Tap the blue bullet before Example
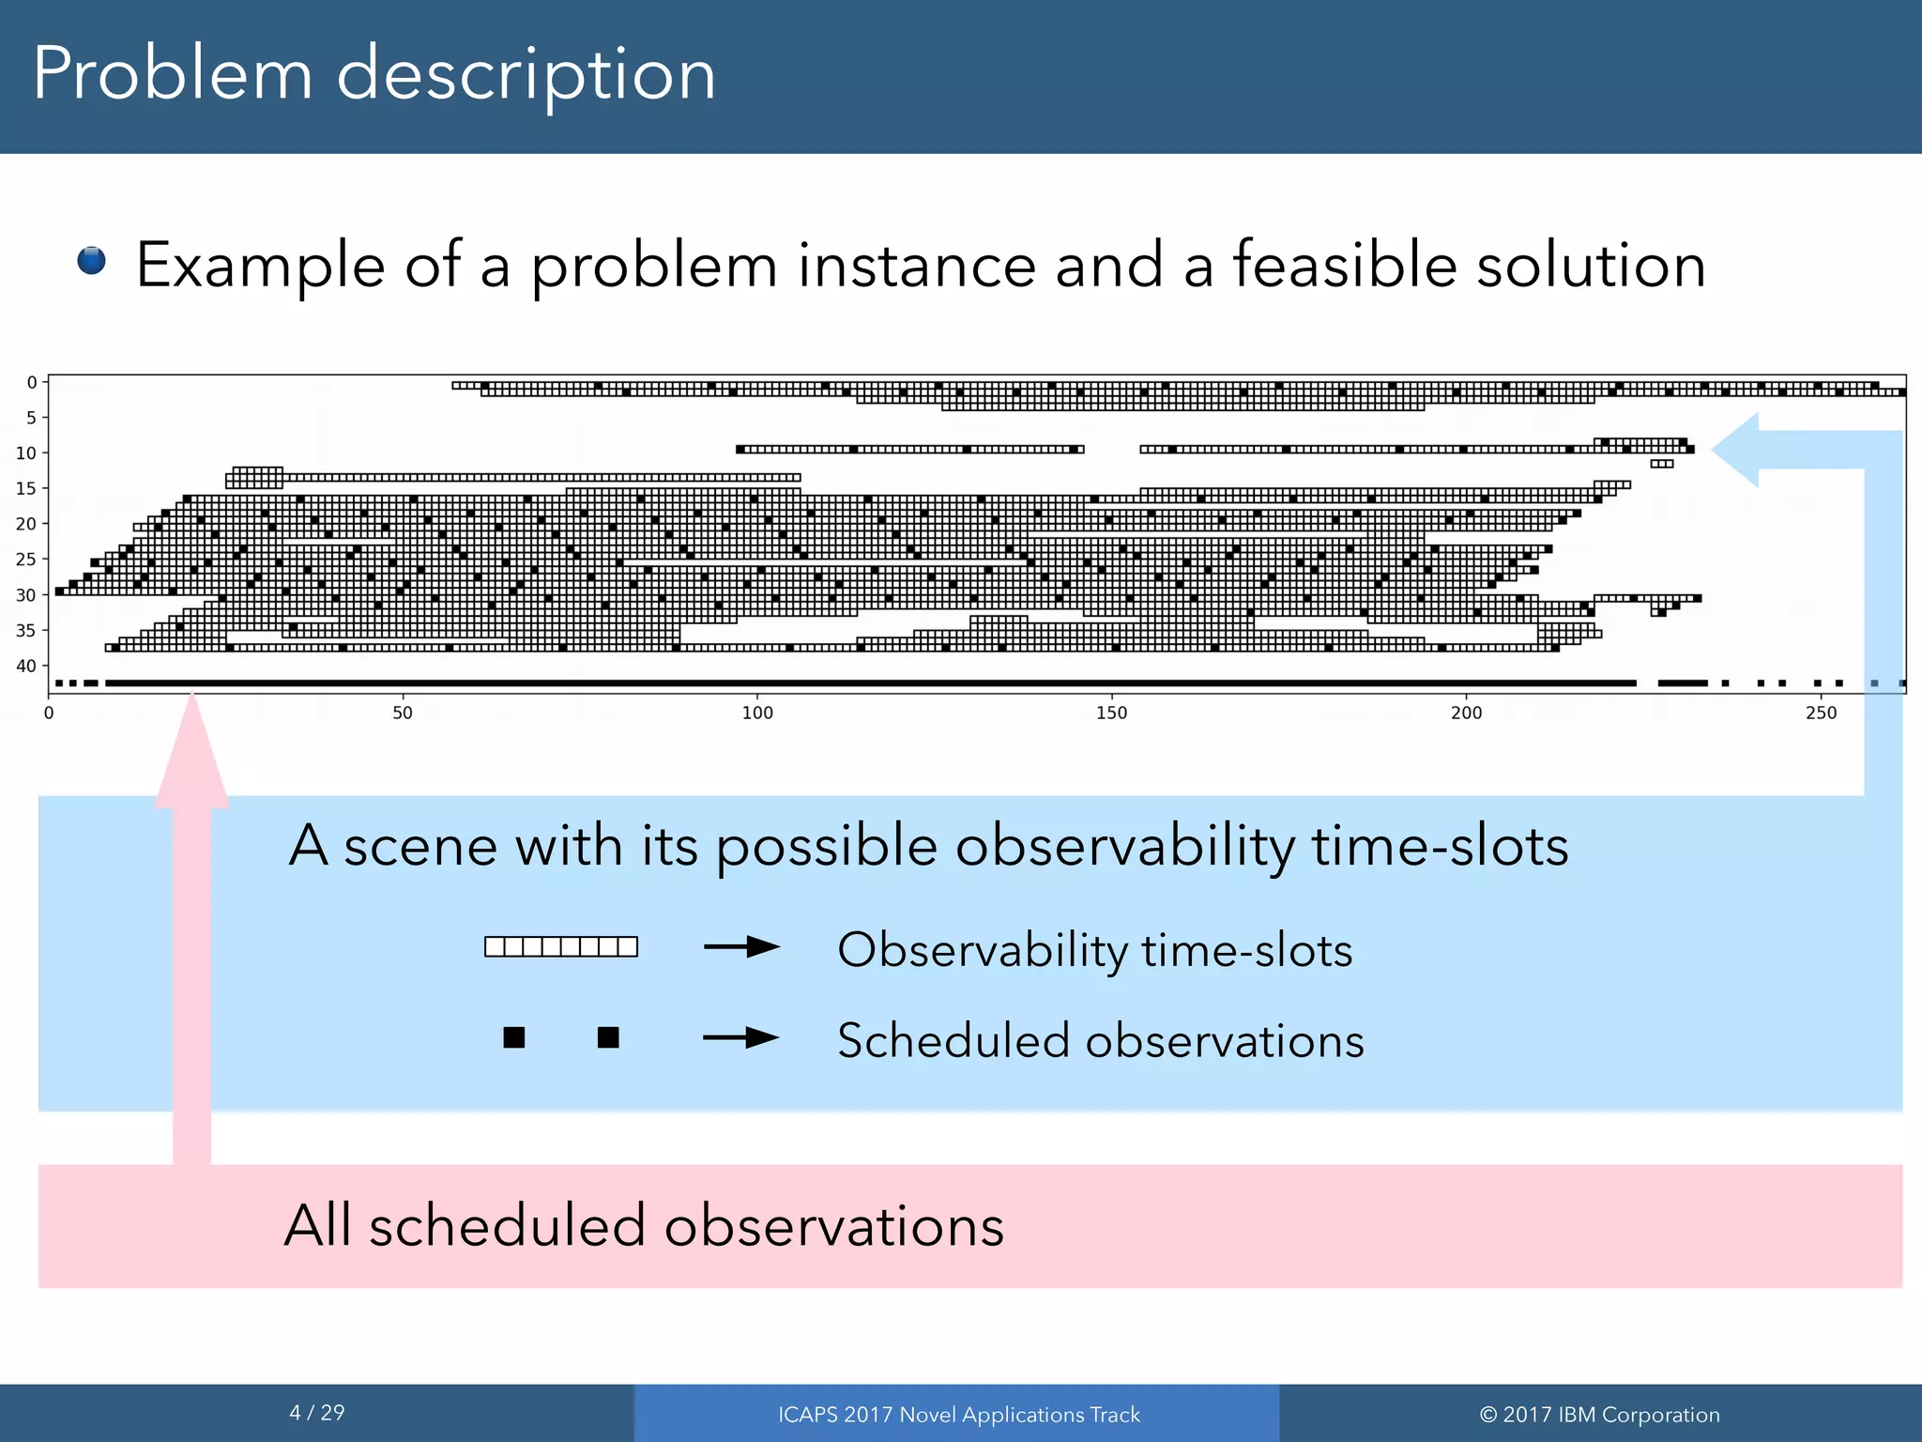91,260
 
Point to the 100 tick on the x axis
757,713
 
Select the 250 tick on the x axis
1821,713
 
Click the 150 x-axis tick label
1112,713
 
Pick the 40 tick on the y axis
25,666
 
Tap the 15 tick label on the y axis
25,488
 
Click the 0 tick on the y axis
32,382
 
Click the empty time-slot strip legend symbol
561,946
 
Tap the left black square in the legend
513,1037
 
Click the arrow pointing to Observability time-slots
741,947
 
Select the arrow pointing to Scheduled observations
741,1037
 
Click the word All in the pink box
318,1225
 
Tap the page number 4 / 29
317,1412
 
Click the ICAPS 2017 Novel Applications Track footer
958,1414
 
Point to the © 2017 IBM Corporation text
1599,1414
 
